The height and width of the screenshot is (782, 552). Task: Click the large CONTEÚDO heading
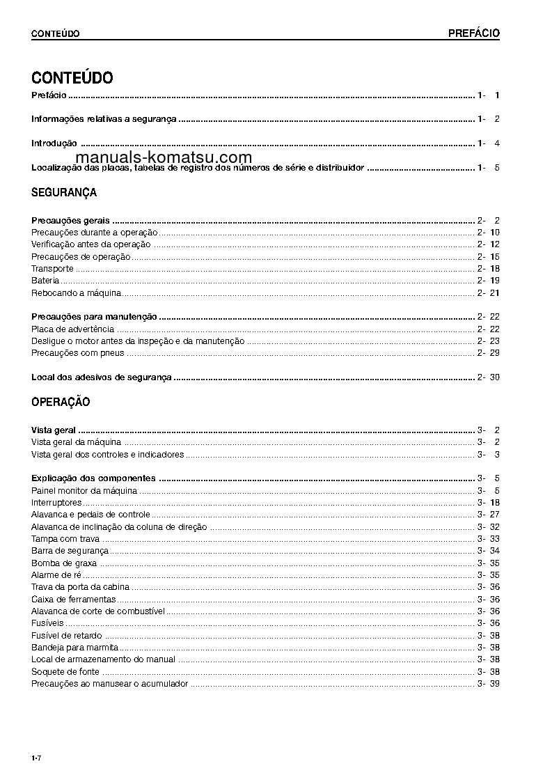coord(72,77)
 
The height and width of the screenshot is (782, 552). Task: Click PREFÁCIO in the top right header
coord(473,33)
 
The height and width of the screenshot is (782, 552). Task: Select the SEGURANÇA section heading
coord(64,192)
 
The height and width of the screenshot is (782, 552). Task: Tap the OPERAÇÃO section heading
coord(61,402)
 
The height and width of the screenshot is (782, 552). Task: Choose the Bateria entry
coord(45,280)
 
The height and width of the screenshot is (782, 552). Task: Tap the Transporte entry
coord(52,268)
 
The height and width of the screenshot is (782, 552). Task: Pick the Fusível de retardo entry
coord(66,635)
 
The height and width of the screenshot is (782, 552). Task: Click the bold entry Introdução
coord(54,143)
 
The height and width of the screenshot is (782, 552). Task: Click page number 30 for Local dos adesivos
coord(494,377)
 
